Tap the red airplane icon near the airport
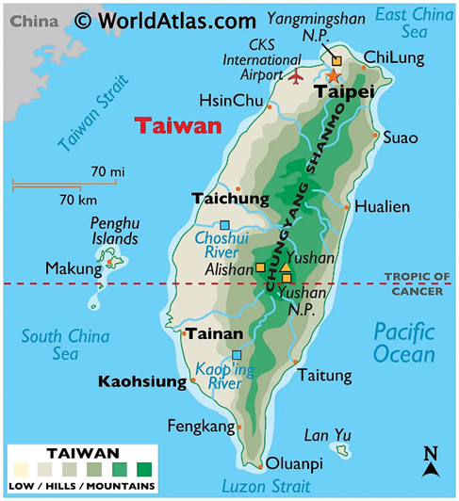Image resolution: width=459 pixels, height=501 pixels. (300, 74)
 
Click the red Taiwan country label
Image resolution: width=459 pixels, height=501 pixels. (177, 125)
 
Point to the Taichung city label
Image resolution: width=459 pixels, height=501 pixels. (230, 199)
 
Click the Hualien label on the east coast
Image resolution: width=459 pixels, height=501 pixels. (382, 207)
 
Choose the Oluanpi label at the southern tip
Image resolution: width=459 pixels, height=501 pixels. (293, 462)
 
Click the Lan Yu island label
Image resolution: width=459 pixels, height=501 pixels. (328, 434)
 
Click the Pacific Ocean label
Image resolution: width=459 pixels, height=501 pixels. (403, 343)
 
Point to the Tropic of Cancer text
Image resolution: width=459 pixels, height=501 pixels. (417, 283)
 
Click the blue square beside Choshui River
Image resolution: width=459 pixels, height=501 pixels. (224, 225)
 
